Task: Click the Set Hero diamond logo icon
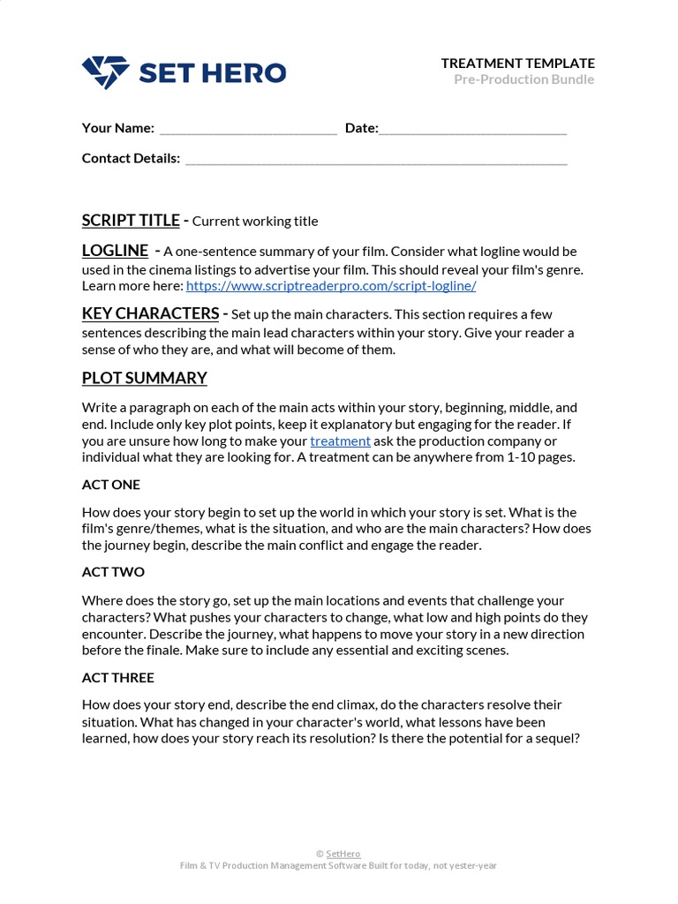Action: [x=105, y=72]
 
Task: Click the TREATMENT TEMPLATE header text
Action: [x=517, y=63]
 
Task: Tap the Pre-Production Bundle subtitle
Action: [x=524, y=79]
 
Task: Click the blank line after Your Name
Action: [x=248, y=129]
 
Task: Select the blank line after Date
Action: [x=472, y=129]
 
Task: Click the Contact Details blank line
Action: [x=376, y=160]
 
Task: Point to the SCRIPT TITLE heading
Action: [x=131, y=220]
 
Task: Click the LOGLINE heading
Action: [x=115, y=251]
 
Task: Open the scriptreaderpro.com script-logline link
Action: [x=331, y=286]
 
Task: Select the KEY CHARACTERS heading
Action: [x=150, y=313]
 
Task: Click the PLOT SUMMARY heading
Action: [x=144, y=378]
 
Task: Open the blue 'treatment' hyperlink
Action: [x=340, y=441]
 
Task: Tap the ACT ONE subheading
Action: [x=110, y=485]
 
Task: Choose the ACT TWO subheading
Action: [x=113, y=572]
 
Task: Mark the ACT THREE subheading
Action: [x=117, y=677]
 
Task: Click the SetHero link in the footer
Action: [x=343, y=854]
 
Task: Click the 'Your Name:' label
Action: [x=117, y=128]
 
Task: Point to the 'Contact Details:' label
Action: [x=131, y=158]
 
